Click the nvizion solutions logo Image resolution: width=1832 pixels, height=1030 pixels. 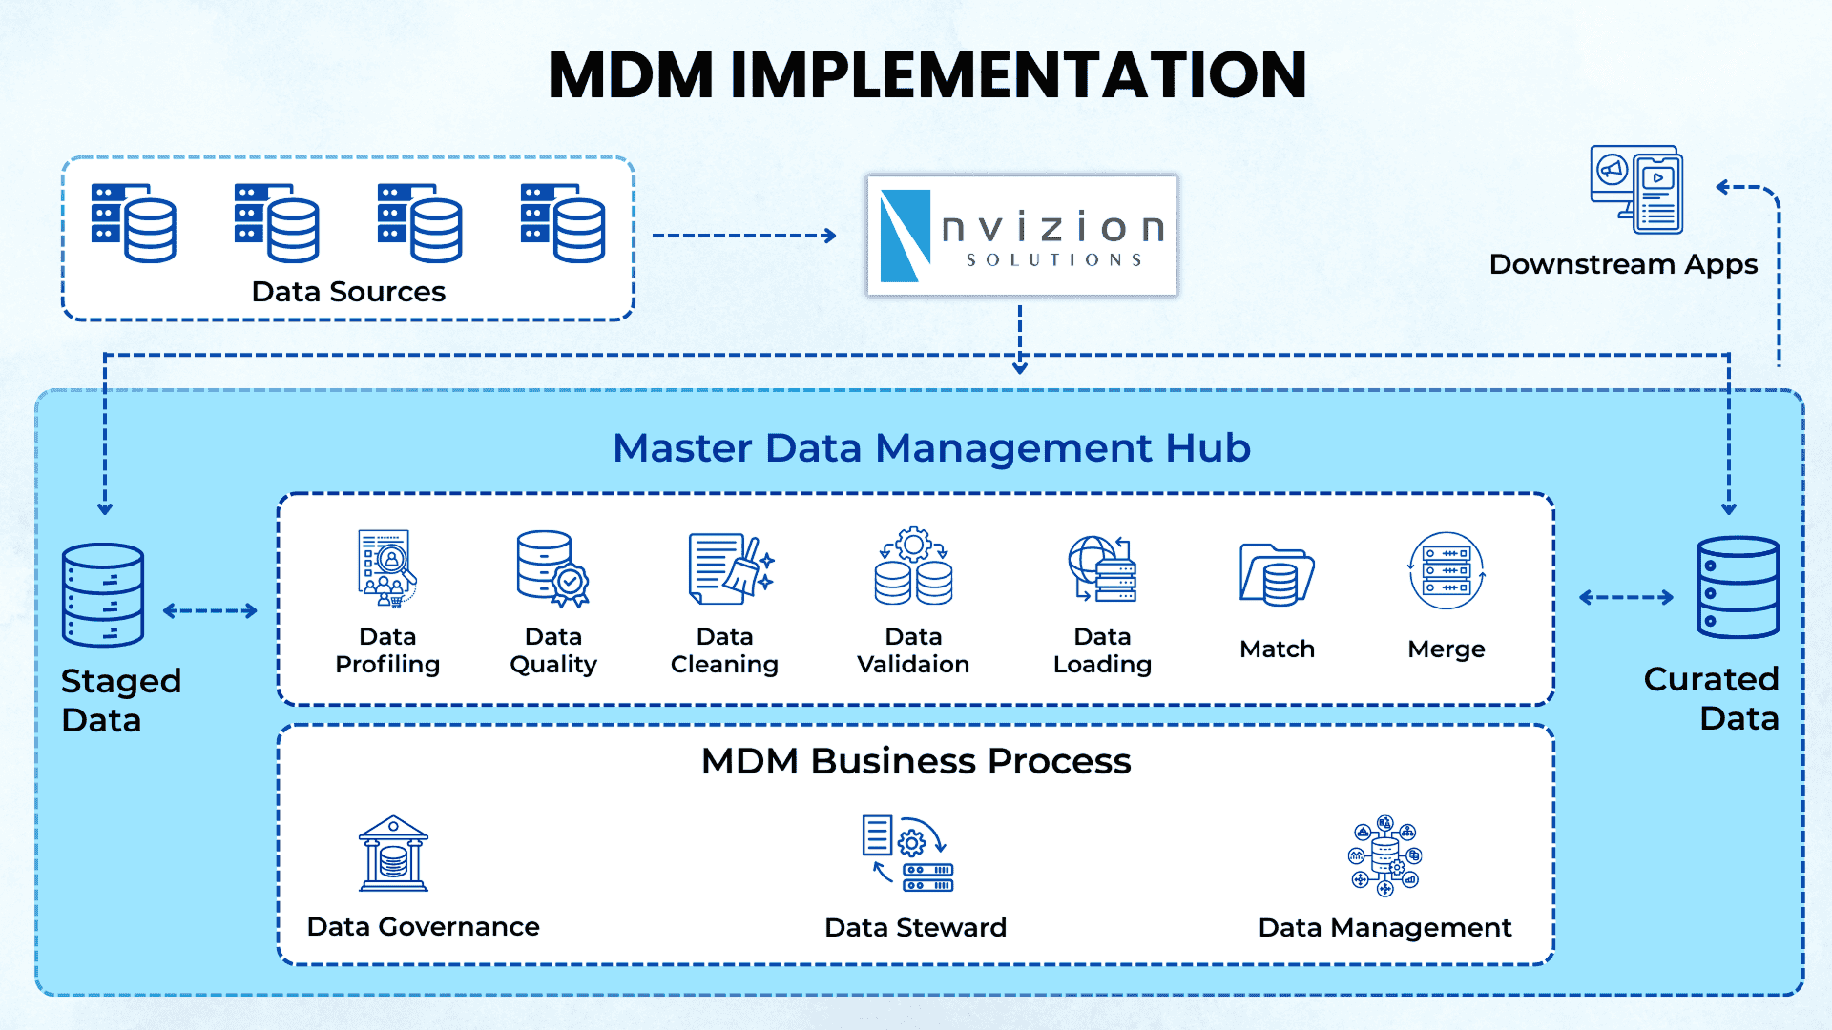[1022, 236]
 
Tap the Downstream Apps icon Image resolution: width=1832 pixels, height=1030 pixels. [1635, 190]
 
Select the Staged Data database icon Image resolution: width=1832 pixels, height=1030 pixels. [103, 595]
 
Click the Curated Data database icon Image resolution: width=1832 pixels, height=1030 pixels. [1738, 587]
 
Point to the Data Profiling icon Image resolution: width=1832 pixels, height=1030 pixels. [386, 568]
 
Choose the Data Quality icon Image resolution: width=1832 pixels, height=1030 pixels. [552, 568]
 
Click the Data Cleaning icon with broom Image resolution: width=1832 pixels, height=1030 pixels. [730, 568]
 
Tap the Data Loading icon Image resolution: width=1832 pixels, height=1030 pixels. [1103, 568]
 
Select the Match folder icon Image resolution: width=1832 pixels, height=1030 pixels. [1277, 574]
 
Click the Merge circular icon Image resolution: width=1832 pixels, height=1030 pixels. [1446, 570]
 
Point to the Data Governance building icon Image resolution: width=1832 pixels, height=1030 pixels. [393, 854]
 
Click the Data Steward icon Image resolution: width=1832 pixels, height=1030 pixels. [907, 854]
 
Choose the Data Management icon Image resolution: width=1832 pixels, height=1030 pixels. [1384, 855]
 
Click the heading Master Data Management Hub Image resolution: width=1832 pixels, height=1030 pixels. [931, 448]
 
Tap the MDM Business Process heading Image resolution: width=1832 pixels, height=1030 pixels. [916, 761]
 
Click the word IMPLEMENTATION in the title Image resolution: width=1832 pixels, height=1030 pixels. [1018, 75]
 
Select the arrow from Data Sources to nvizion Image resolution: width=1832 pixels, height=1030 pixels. [744, 236]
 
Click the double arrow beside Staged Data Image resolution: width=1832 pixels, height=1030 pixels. [210, 611]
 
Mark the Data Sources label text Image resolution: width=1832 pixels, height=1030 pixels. [348, 292]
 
